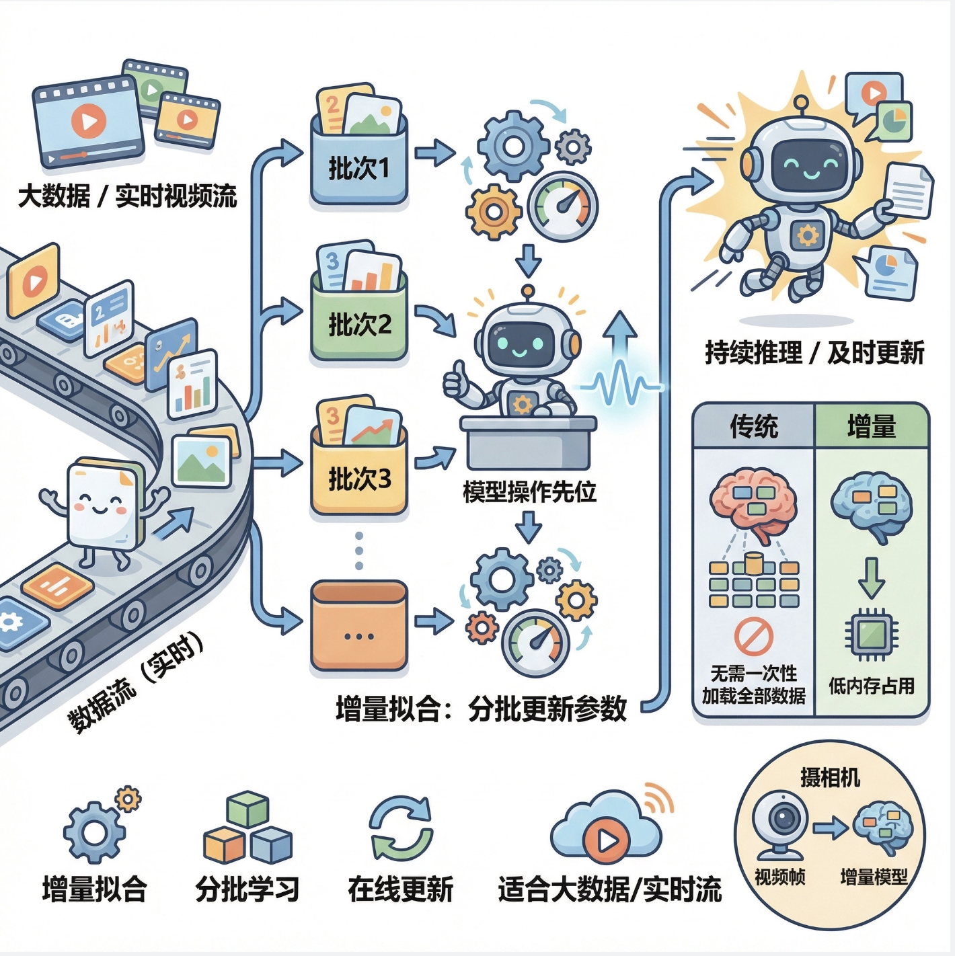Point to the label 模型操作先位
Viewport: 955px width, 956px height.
[x=529, y=492]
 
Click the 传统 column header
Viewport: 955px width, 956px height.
[x=754, y=427]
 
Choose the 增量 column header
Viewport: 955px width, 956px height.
[x=872, y=427]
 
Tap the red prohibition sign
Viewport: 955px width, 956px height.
[x=753, y=636]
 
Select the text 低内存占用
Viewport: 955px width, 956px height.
[x=872, y=686]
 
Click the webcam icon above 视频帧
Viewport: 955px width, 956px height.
[x=780, y=824]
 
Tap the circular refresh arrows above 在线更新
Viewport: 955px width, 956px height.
[x=401, y=828]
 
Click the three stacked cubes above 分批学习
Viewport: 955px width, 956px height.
[x=247, y=828]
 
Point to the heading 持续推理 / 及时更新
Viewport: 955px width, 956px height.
[x=814, y=352]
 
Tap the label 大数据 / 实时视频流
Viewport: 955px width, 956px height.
[x=127, y=196]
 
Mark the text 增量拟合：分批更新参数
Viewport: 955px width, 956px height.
[x=482, y=709]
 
